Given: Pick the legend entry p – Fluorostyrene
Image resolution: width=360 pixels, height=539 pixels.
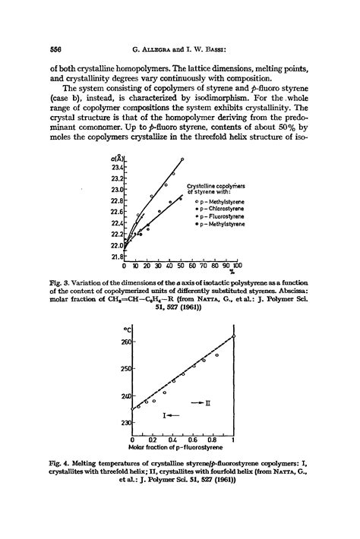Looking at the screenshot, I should click(x=219, y=216).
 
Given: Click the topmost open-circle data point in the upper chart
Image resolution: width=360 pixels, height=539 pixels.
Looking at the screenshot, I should click(x=182, y=159).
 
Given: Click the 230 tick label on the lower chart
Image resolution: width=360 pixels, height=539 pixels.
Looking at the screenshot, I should click(x=125, y=423).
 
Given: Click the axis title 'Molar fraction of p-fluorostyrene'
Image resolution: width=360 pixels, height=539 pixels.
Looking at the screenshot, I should click(x=181, y=448).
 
